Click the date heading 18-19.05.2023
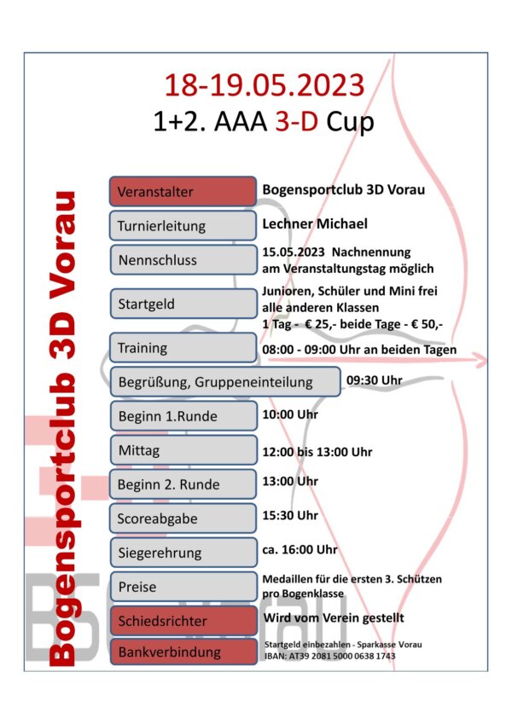tap(265, 84)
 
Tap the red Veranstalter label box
tap(183, 191)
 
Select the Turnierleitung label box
tap(183, 226)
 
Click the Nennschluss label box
tap(183, 259)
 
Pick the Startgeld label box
tap(183, 301)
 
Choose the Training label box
tap(183, 347)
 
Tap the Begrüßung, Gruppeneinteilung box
tap(225, 381)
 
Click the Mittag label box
tap(183, 449)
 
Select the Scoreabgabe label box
tap(183, 518)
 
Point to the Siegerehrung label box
tap(183, 552)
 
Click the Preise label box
tap(183, 587)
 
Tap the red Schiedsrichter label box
tap(183, 620)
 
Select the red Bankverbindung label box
tap(183, 652)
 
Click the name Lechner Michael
tap(315, 223)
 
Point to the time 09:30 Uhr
tap(375, 379)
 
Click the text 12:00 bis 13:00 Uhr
tap(317, 452)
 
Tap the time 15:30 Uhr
tap(290, 515)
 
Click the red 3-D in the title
tap(295, 122)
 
